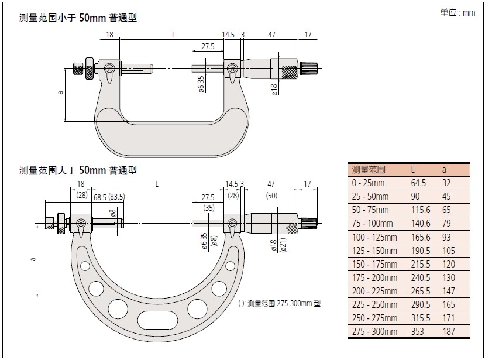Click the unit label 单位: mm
[x=458, y=12]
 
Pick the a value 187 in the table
[x=448, y=331]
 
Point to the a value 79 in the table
[x=446, y=223]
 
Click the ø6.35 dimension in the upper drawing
[x=201, y=84]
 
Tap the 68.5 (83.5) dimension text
[x=108, y=197]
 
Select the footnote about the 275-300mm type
[x=280, y=303]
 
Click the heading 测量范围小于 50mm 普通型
[x=78, y=18]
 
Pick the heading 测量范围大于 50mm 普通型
[x=78, y=170]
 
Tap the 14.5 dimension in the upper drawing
[x=228, y=35]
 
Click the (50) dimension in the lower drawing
[x=271, y=195]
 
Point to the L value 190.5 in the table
[x=419, y=251]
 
